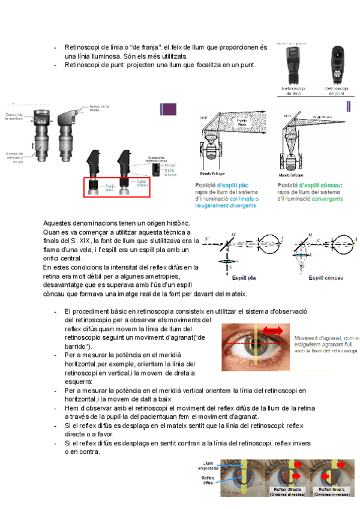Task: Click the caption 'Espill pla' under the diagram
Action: pos(244,279)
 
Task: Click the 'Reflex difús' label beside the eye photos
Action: pos(208,480)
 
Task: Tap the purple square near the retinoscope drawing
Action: pos(169,109)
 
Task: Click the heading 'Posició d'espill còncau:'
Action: pos(310,185)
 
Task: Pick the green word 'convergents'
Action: pos(327,198)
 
